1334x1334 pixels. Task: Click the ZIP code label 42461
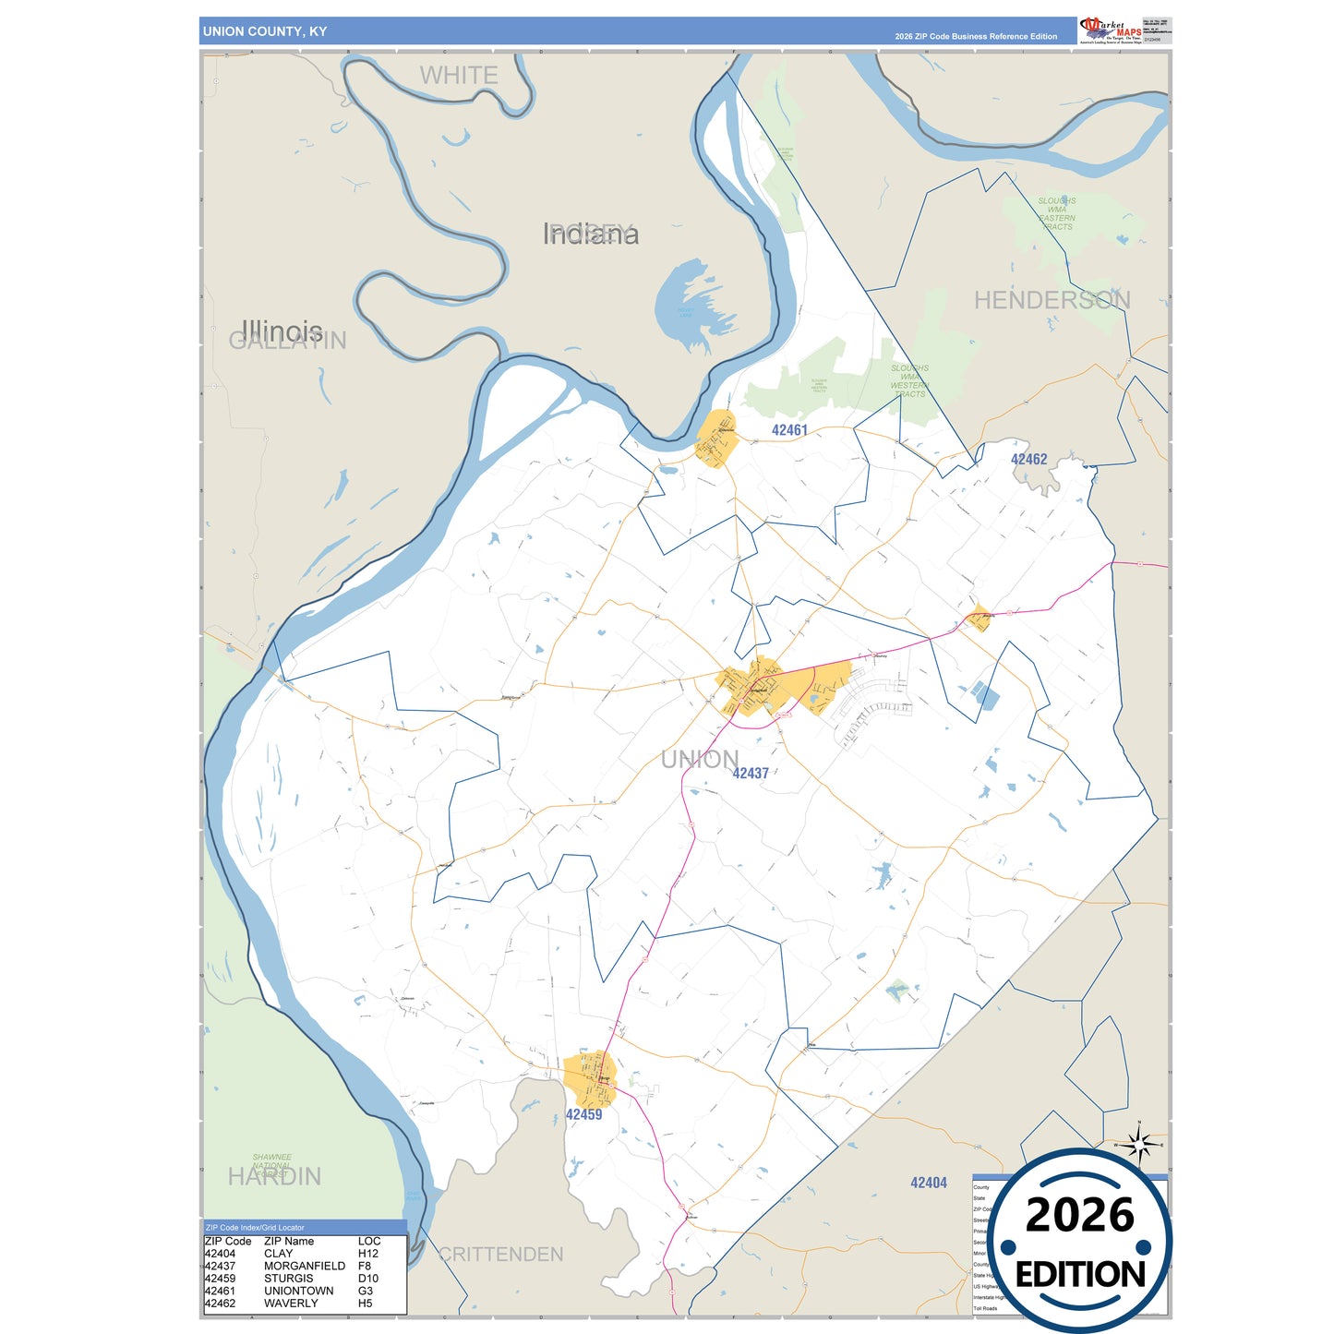(789, 430)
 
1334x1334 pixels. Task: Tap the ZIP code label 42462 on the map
(1028, 460)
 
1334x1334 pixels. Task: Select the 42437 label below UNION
(751, 774)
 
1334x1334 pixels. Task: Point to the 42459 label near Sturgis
(583, 1115)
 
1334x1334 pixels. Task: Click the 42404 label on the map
(928, 1183)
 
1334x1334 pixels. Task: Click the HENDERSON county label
(1052, 300)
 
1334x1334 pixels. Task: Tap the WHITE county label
(459, 76)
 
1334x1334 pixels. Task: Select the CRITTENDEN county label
(500, 1255)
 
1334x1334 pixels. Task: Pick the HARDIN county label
(274, 1177)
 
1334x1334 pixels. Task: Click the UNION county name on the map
(699, 760)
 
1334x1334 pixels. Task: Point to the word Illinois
(282, 330)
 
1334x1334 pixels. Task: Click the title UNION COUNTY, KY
(265, 31)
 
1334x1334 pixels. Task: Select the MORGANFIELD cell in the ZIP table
(305, 1266)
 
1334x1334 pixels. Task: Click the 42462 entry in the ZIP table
(221, 1304)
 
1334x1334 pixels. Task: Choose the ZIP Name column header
(289, 1242)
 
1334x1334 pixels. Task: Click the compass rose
(1139, 1146)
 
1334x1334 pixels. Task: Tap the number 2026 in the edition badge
(1079, 1215)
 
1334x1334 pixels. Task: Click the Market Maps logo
(1110, 30)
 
